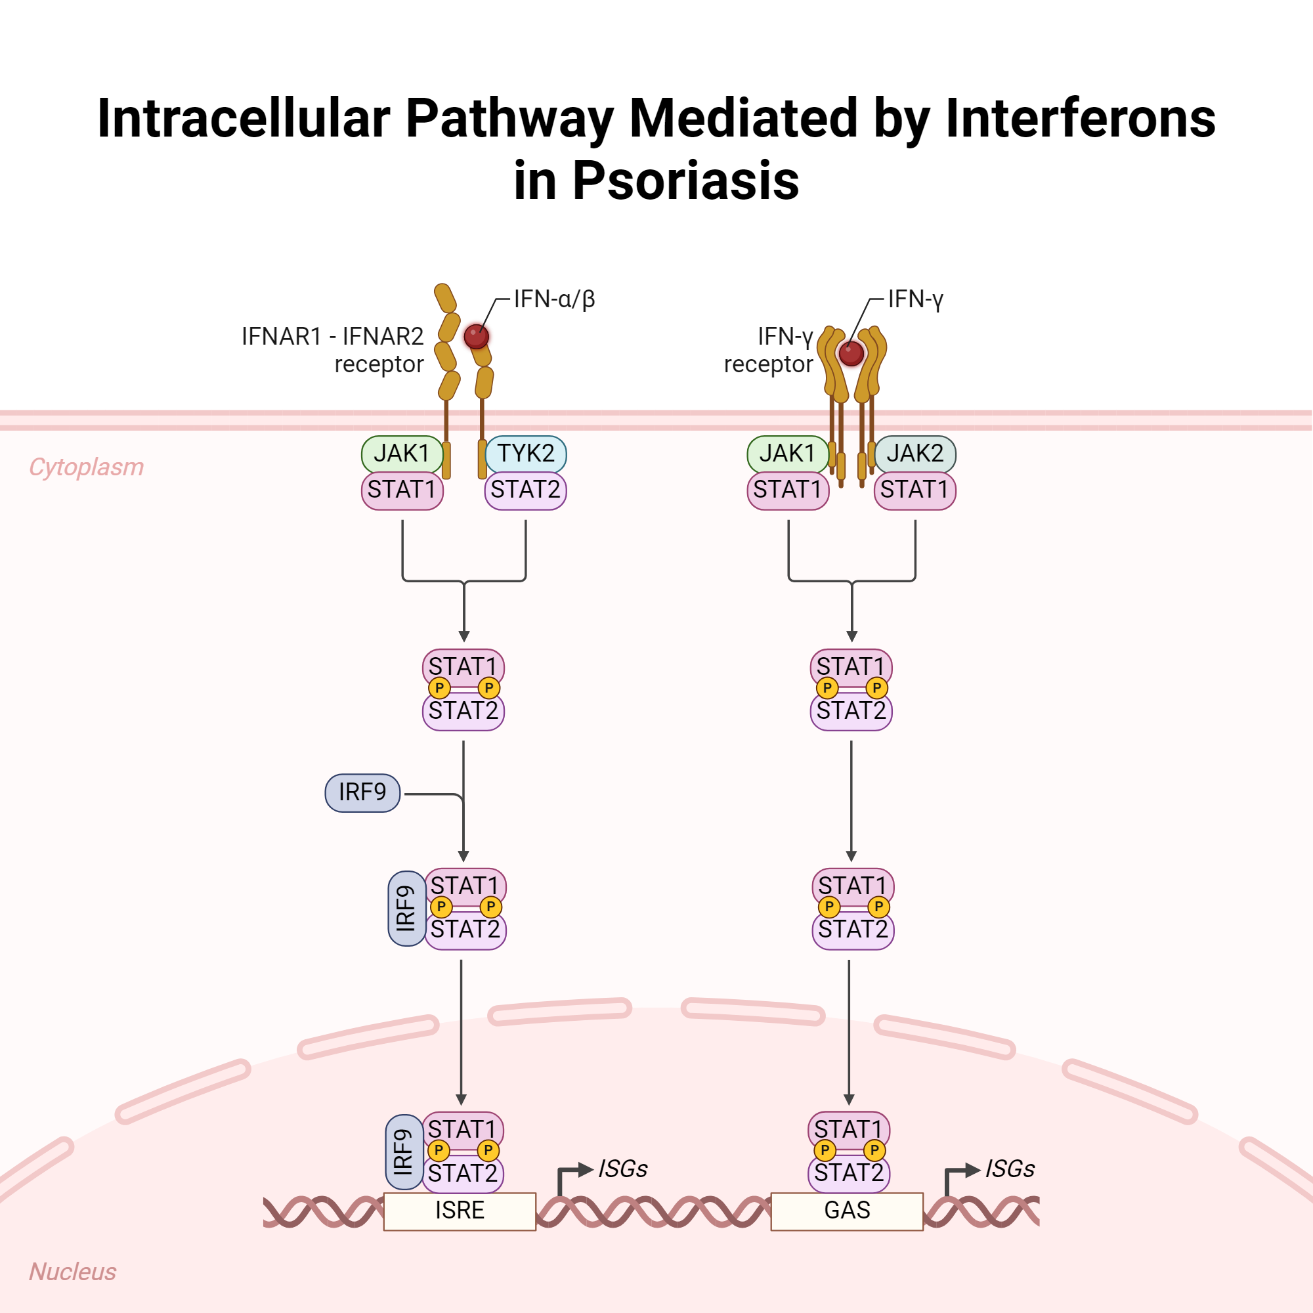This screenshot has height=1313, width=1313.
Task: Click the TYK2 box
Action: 525,453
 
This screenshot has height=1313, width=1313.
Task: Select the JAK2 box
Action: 915,453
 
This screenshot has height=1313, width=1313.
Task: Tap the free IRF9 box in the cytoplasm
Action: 362,792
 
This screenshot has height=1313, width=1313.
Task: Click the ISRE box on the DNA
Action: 460,1211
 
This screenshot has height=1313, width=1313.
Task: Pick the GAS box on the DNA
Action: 847,1211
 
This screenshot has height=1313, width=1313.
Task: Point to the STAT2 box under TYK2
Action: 525,490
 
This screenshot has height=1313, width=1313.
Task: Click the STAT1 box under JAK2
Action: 915,490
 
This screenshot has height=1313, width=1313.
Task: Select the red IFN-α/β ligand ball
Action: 476,335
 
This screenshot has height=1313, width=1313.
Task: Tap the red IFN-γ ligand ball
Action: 851,353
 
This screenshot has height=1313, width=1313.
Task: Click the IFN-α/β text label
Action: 554,299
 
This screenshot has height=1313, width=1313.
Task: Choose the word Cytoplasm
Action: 86,467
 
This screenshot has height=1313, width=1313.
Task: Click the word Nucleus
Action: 73,1272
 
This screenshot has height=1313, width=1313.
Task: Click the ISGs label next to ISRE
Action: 622,1169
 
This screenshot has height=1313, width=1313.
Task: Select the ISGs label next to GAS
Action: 1010,1169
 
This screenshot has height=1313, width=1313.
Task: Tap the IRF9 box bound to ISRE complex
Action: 404,1152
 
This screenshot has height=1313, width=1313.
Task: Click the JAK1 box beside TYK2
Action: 402,453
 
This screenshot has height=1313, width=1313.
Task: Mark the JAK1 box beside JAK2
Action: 787,453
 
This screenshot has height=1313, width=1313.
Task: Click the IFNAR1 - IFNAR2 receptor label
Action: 332,350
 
